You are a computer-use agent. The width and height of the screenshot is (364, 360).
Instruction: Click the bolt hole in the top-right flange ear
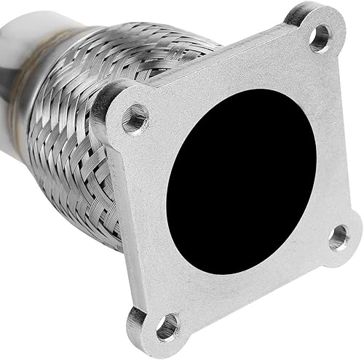[319, 38]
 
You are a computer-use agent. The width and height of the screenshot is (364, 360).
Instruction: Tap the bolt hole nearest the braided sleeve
[135, 119]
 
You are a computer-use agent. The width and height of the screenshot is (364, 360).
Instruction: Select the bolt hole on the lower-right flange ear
[339, 238]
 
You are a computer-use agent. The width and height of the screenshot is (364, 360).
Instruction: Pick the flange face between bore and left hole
[157, 145]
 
